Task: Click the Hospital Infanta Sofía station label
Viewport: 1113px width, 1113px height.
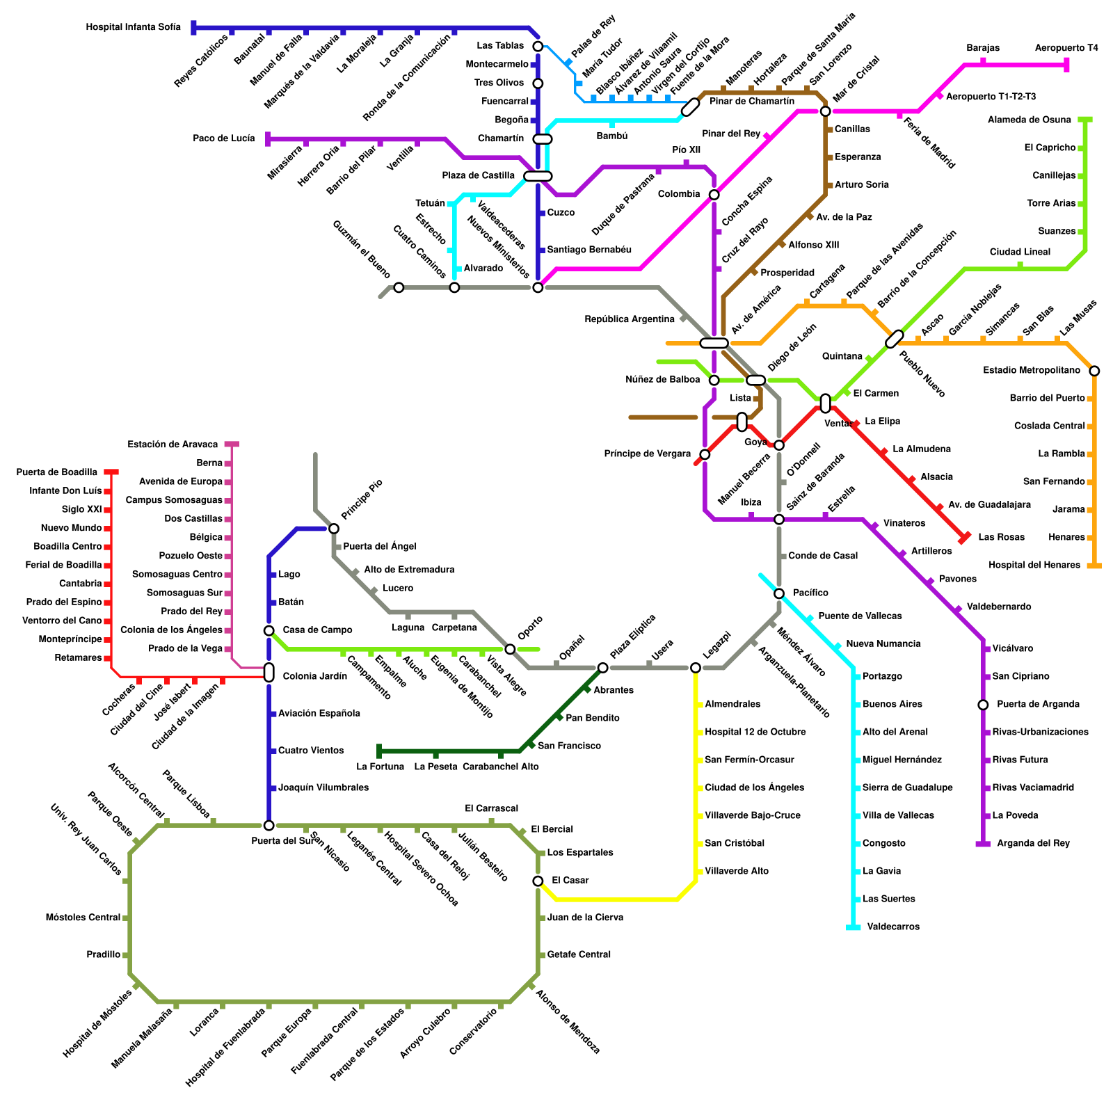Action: tap(133, 28)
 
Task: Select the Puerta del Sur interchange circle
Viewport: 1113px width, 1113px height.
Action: tap(269, 825)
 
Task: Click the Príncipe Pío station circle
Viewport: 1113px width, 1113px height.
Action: tap(334, 529)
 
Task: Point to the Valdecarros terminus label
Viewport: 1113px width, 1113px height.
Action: tap(893, 927)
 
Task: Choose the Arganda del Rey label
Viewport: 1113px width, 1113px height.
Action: tap(1033, 843)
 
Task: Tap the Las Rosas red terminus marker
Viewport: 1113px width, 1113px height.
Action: tap(964, 537)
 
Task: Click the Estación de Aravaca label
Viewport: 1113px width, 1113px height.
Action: tap(173, 445)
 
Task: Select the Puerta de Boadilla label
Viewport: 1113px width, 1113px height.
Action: tap(57, 472)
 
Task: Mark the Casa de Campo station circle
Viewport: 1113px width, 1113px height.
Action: tap(269, 630)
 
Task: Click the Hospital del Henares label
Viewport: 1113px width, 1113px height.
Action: tap(1034, 565)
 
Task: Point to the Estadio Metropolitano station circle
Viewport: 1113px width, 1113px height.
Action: tap(1094, 371)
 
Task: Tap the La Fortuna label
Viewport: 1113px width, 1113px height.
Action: tap(380, 767)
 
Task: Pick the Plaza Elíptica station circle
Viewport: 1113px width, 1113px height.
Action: tap(602, 668)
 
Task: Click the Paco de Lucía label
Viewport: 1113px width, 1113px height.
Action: tap(224, 138)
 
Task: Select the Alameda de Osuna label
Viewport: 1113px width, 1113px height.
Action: tap(1030, 120)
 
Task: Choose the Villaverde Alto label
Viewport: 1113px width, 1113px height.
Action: tap(737, 871)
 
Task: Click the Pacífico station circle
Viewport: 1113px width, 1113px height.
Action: tap(779, 593)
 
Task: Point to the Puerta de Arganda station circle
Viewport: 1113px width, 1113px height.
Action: tap(983, 705)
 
